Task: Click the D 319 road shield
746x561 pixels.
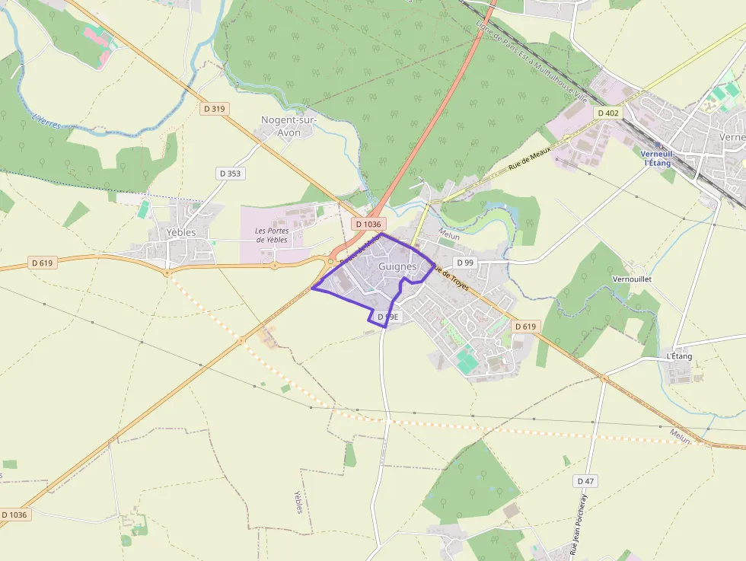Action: pyautogui.click(x=215, y=109)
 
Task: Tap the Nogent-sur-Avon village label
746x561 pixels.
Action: pyautogui.click(x=289, y=126)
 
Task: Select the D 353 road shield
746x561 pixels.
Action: pyautogui.click(x=230, y=174)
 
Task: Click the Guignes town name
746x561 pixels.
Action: pyautogui.click(x=397, y=266)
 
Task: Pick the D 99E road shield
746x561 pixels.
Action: pyautogui.click(x=387, y=316)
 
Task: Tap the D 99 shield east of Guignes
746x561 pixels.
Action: pyautogui.click(x=464, y=263)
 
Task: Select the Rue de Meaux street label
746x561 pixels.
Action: pyautogui.click(x=528, y=158)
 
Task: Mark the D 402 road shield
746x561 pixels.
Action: pyautogui.click(x=608, y=113)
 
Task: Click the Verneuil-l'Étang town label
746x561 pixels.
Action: pyautogui.click(x=656, y=158)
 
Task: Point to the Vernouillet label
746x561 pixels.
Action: pyautogui.click(x=632, y=279)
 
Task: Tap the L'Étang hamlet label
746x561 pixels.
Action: pyautogui.click(x=679, y=356)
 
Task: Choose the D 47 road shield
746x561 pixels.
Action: pyautogui.click(x=585, y=481)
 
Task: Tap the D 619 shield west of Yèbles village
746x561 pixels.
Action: pyautogui.click(x=43, y=263)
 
